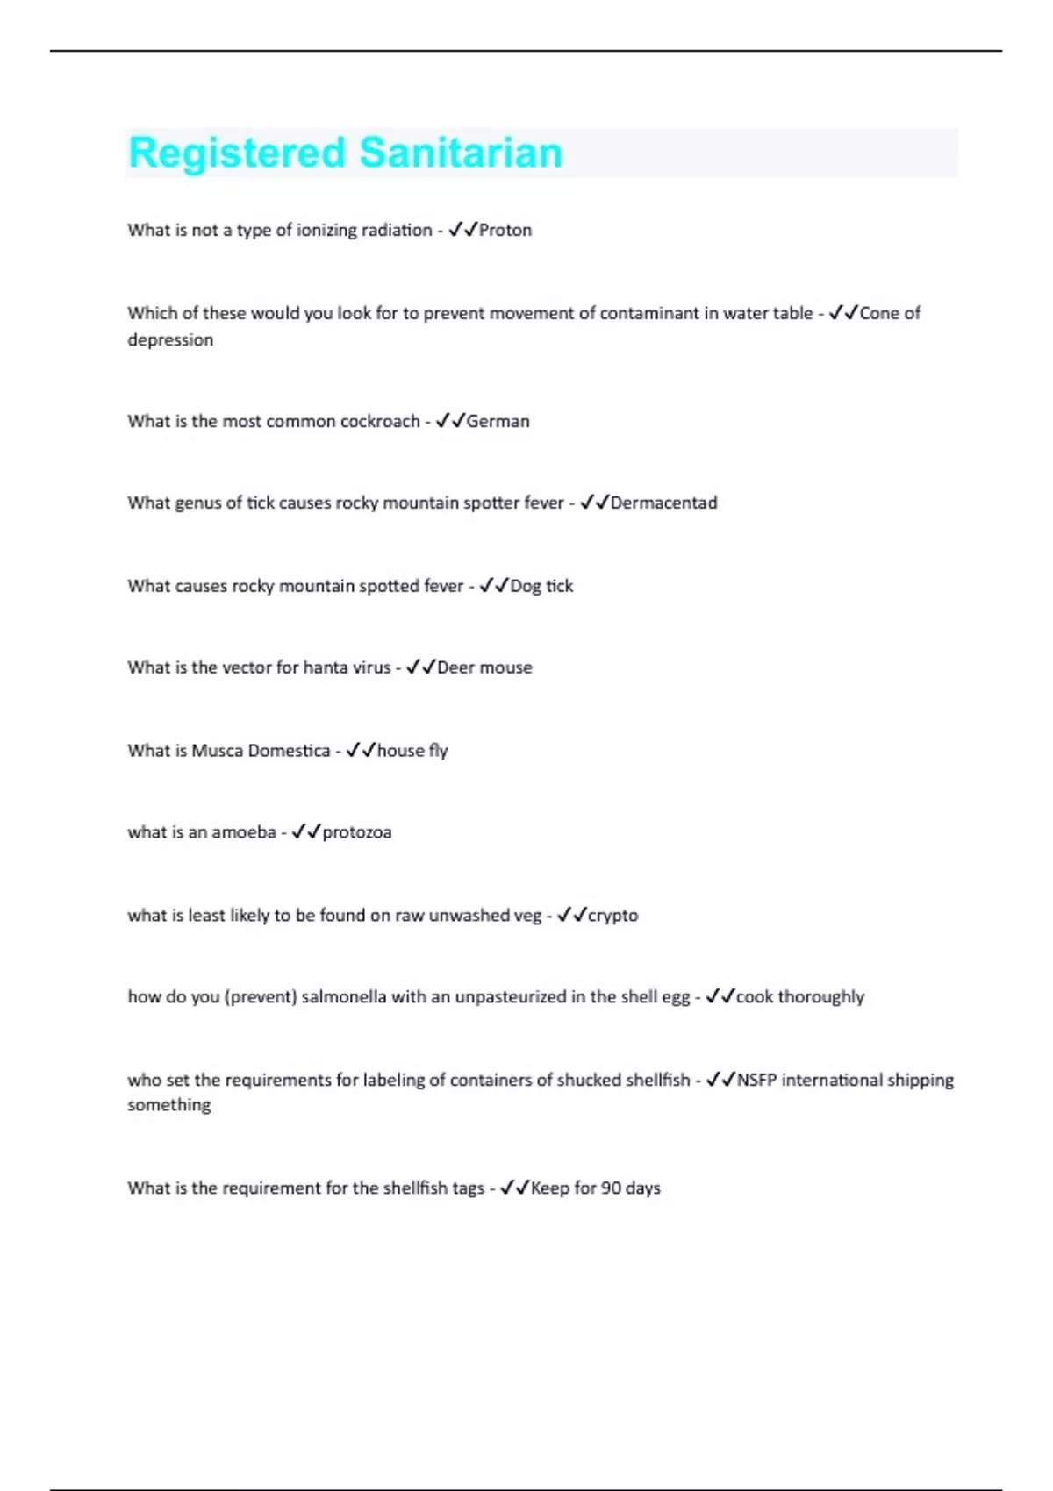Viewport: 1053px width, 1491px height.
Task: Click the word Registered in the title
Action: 237,153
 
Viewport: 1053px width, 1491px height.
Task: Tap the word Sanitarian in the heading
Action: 461,153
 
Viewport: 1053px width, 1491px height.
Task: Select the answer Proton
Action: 505,230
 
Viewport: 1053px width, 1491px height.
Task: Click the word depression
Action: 170,340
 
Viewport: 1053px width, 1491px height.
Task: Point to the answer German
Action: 498,421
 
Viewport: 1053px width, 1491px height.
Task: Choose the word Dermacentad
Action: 663,503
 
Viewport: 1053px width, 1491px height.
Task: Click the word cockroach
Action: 380,421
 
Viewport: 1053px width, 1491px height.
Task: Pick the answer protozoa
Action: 357,832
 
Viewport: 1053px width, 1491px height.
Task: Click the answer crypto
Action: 612,916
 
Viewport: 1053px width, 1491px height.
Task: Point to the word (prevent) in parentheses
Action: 261,997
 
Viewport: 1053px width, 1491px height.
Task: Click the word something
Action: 169,1105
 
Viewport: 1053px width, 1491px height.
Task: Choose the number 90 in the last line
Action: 612,1188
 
